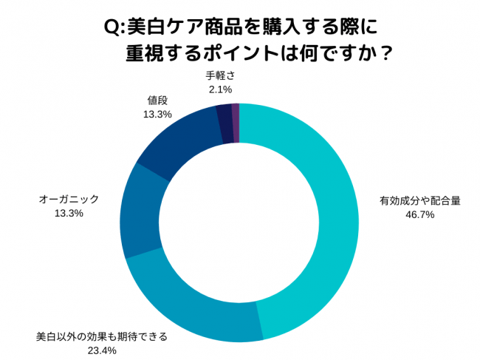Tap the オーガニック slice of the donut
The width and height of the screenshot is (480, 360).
(x=139, y=211)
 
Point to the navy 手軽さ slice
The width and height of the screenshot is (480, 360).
(x=224, y=123)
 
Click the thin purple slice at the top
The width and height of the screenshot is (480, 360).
(x=236, y=122)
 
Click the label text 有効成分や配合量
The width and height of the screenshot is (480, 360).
(x=419, y=202)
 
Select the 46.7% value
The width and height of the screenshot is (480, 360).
(x=419, y=214)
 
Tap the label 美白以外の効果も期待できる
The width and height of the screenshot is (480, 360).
(x=102, y=337)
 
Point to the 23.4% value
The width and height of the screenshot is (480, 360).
(x=102, y=350)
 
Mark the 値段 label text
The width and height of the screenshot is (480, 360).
(x=157, y=101)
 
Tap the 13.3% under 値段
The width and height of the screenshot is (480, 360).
(x=157, y=115)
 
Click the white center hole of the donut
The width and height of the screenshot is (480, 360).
(x=239, y=222)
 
